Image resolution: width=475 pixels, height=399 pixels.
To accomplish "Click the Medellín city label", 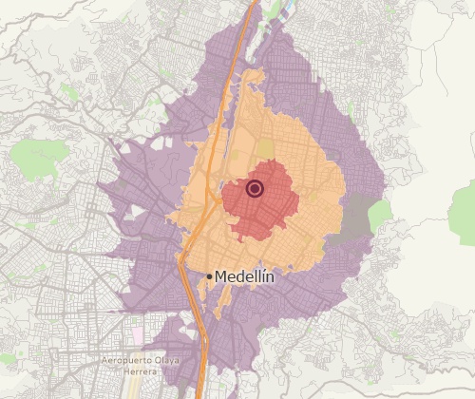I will (244, 276).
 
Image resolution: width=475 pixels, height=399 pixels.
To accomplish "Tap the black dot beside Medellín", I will (209, 276).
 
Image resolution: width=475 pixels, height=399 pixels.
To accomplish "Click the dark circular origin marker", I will (254, 188).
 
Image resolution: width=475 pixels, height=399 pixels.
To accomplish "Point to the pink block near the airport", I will (139, 335).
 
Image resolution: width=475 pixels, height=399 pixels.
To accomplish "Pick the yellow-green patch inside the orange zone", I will (264, 148).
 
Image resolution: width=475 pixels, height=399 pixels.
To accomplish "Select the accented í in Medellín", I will (261, 275).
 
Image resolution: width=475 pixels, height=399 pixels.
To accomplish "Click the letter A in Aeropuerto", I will (105, 361).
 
